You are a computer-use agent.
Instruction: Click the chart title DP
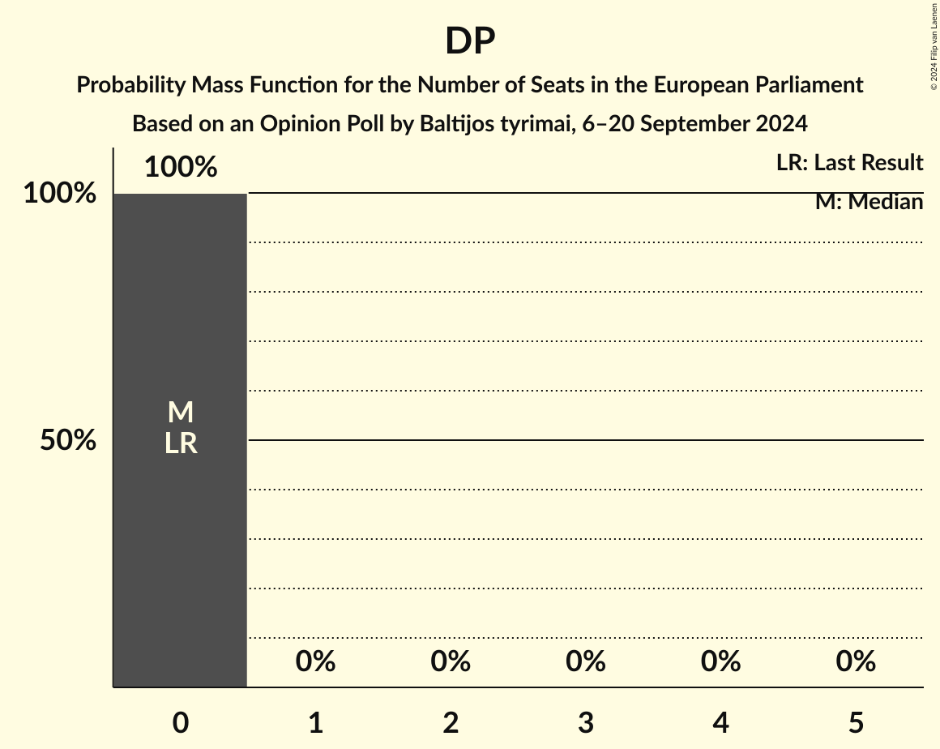(470, 41)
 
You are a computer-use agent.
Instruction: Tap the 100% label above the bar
(180, 167)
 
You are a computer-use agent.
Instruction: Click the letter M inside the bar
(180, 413)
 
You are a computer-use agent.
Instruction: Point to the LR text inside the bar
(180, 443)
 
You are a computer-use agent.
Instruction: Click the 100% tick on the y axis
(59, 194)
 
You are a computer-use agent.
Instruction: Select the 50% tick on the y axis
(68, 441)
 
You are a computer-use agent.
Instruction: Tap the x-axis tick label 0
(180, 723)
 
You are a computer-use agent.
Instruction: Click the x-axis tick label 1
(315, 723)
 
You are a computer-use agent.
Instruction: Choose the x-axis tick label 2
(451, 723)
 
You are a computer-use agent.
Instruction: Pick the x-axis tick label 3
(586, 723)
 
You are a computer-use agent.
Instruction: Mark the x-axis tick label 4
(720, 723)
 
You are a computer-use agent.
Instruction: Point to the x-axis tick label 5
(856, 723)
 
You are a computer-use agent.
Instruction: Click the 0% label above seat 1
(315, 661)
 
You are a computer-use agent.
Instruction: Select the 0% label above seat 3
(586, 661)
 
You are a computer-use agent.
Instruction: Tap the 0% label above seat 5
(856, 661)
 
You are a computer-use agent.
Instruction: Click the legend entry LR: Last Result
(849, 163)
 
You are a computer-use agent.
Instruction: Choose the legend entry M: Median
(869, 202)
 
